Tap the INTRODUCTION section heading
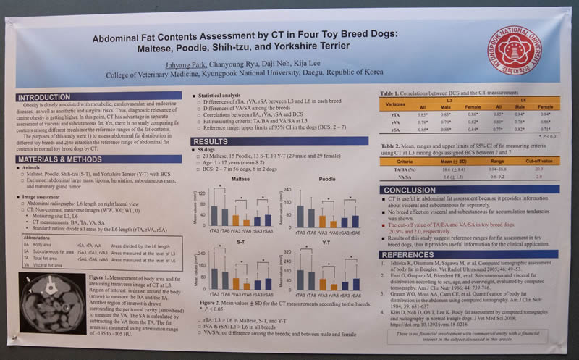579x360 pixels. point(44,96)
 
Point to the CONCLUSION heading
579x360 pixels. point(409,190)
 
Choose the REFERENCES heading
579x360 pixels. point(409,254)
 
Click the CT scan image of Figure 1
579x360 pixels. point(48,302)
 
